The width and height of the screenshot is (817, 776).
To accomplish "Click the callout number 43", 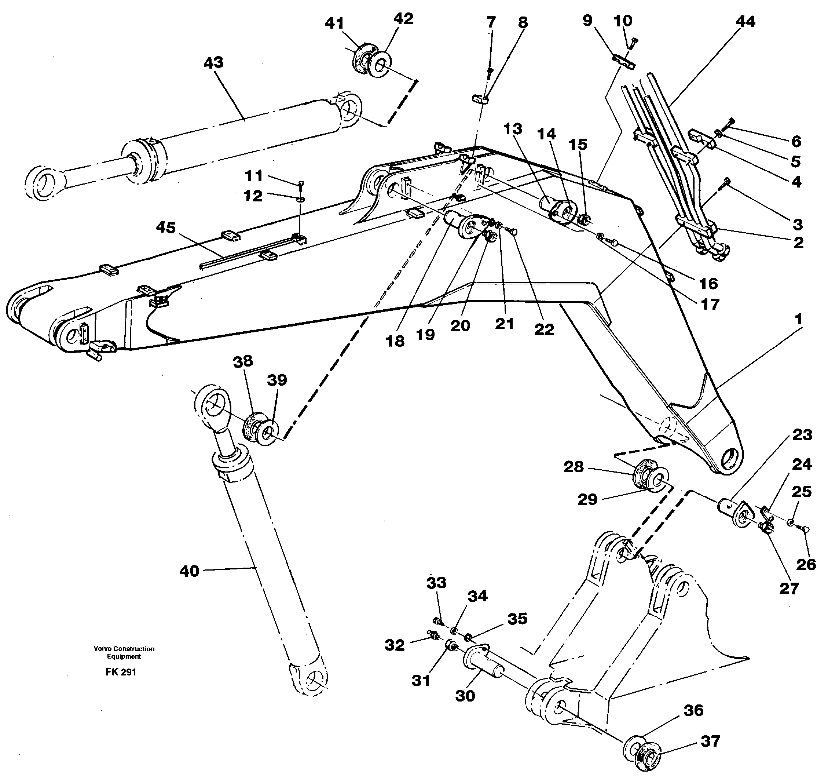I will pos(214,63).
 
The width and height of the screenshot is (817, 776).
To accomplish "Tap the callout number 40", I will pos(189,571).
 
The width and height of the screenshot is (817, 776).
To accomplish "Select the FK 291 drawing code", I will pos(121,672).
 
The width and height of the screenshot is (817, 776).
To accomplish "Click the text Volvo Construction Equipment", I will pos(124,653).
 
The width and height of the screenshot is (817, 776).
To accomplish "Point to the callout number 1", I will pos(798,319).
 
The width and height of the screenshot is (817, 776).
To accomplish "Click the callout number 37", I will pos(710,741).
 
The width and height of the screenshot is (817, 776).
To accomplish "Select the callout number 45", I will pos(166,227).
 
